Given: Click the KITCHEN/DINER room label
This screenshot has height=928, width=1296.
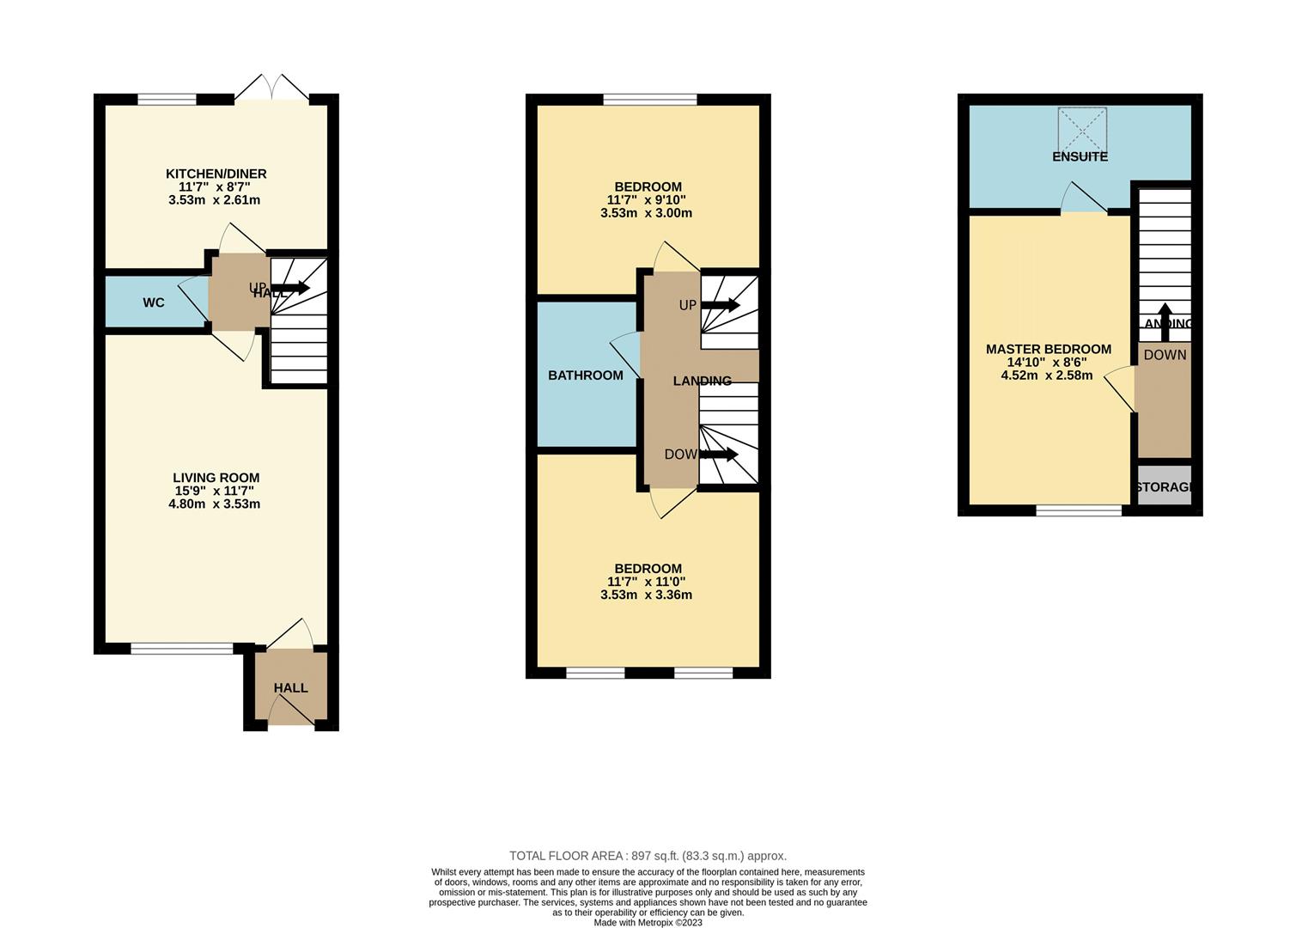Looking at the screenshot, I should tap(216, 174).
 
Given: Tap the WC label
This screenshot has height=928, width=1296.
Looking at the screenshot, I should tap(154, 302).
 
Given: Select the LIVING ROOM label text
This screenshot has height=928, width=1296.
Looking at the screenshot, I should tap(216, 478).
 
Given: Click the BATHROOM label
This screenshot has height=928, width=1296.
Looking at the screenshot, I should tap(586, 375).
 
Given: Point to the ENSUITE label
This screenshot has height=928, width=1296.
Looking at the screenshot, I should tap(1080, 156).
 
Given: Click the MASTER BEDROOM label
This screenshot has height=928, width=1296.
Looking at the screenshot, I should tap(1048, 349).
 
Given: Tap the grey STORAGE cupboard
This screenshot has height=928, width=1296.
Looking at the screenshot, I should tap(1165, 486).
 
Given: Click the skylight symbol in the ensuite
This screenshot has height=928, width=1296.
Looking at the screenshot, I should tap(1082, 128).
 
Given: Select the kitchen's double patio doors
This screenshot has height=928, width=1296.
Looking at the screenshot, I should tap(271, 89).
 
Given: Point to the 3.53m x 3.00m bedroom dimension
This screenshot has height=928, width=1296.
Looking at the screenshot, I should tap(646, 213).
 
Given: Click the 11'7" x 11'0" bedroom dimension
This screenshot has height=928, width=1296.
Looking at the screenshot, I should tap(646, 582).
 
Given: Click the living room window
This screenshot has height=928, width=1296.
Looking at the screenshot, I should tap(181, 649).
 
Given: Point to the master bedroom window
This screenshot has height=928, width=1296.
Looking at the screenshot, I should tap(1079, 511).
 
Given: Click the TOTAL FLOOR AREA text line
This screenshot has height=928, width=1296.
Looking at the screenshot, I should tap(648, 856).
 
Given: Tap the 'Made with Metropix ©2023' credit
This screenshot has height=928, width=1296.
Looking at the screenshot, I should tap(648, 922).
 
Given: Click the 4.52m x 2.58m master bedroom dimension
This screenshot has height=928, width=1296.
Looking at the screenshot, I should tap(1046, 375).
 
